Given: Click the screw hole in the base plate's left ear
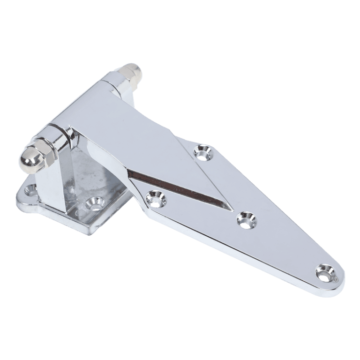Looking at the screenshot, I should (x=31, y=190).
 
